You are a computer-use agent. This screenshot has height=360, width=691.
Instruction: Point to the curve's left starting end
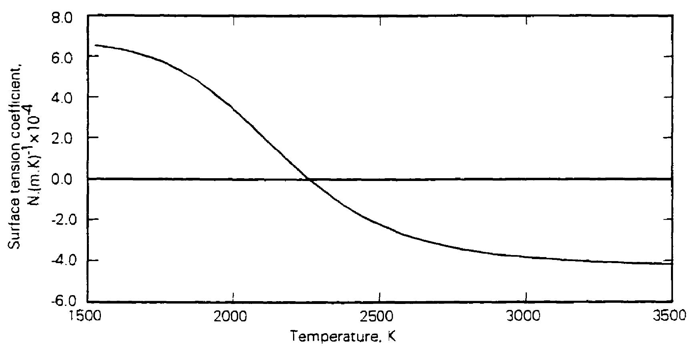tap(95, 45)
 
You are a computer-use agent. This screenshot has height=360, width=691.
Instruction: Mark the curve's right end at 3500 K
tap(671, 263)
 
